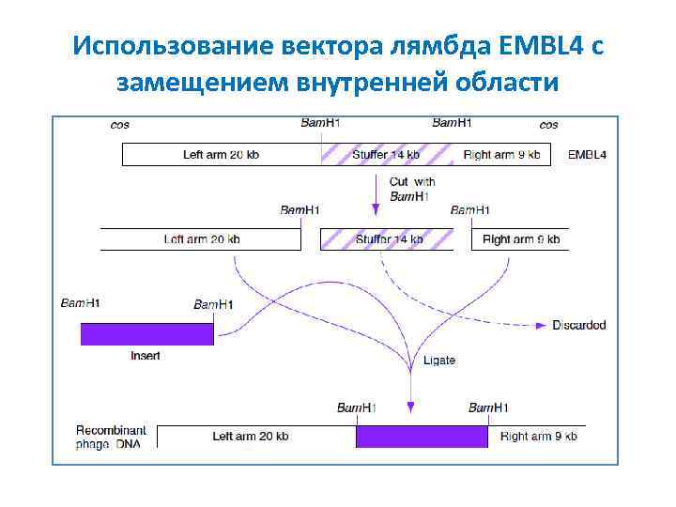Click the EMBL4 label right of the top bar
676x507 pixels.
point(587,155)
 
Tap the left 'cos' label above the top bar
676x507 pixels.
point(120,125)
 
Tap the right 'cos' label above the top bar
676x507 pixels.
point(549,125)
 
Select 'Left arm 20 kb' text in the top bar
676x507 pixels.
point(221,155)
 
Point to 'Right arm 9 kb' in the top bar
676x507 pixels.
point(501,155)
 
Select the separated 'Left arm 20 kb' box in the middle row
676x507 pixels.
point(201,239)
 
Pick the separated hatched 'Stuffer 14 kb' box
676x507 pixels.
point(388,239)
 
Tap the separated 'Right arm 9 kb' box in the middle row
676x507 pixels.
point(520,239)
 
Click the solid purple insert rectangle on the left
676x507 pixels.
point(146,333)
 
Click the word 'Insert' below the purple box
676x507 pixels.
point(146,356)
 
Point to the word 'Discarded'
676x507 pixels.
point(578,326)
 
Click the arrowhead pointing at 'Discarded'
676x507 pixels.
point(541,326)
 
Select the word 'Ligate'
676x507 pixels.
point(439,361)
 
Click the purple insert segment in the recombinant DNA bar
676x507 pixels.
point(422,437)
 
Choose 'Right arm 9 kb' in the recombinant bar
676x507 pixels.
point(538,437)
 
